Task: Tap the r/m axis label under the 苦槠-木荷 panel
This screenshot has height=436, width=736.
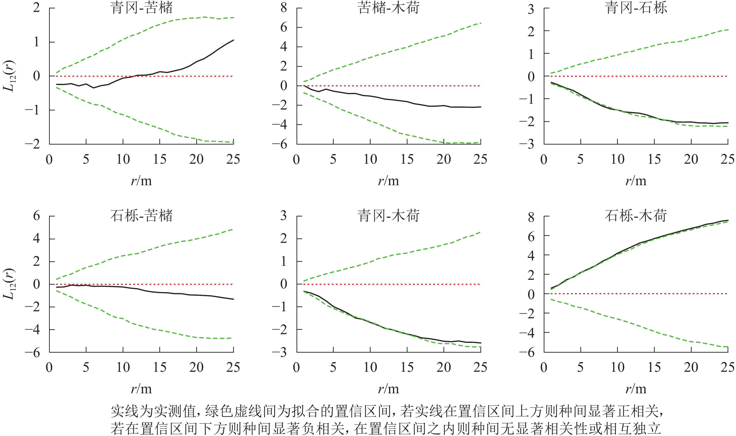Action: point(389,181)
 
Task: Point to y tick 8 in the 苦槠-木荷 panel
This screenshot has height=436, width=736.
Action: point(283,8)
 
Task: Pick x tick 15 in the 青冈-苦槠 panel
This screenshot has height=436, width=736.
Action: point(160,159)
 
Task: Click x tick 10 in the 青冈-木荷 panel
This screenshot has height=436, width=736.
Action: point(370,367)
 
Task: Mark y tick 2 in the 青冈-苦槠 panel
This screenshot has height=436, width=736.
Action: point(36,8)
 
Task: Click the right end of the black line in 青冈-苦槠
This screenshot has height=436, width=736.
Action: point(233,40)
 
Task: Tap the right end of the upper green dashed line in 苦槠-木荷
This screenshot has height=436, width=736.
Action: point(481,23)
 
